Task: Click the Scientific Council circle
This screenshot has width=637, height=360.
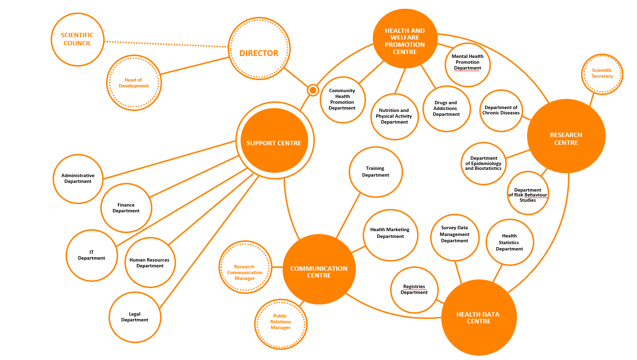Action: tap(77, 39)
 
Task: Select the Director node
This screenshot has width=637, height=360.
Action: tap(259, 49)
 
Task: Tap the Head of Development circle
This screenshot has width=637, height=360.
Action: tap(134, 83)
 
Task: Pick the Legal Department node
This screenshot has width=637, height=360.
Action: tap(135, 317)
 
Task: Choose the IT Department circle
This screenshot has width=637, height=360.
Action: tap(92, 255)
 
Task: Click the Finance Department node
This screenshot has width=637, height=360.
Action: tap(126, 208)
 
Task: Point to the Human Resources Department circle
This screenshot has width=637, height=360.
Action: tap(150, 263)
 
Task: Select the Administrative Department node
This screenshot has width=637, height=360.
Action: tap(78, 179)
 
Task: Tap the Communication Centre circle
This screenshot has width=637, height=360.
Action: tap(319, 269)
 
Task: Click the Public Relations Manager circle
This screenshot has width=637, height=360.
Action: tap(280, 322)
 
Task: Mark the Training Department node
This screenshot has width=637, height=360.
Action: tap(375, 172)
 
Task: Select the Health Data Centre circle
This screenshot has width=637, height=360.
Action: tap(478, 318)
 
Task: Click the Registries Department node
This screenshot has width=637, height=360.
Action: tap(414, 290)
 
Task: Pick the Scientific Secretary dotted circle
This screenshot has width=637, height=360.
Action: tap(602, 73)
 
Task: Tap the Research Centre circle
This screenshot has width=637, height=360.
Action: tap(566, 136)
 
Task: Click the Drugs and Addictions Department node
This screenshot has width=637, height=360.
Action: tap(446, 109)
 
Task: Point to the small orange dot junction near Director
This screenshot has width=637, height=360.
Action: tap(313, 90)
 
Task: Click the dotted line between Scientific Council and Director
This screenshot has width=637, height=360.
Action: tap(167, 44)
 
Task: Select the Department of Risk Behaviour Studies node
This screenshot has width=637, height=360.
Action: tap(528, 193)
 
